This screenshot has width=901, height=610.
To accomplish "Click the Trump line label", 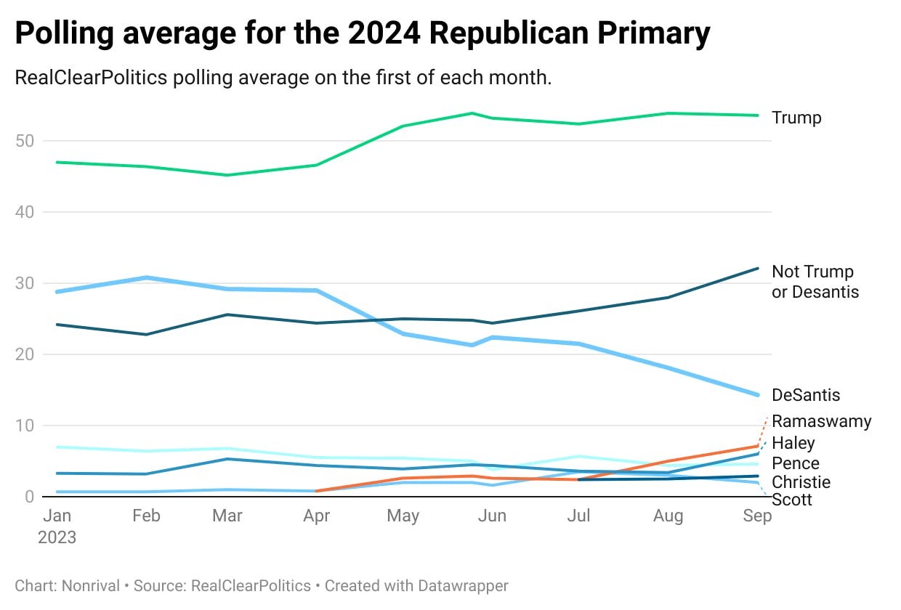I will pyautogui.click(x=796, y=118).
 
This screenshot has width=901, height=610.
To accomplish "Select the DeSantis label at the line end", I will pyautogui.click(x=806, y=395).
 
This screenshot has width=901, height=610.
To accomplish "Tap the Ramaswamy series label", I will pyautogui.click(x=821, y=421).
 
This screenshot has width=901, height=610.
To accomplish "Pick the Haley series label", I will pyautogui.click(x=793, y=443).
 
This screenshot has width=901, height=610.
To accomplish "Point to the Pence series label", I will pyautogui.click(x=795, y=463).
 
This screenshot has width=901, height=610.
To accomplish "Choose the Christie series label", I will pyautogui.click(x=801, y=482).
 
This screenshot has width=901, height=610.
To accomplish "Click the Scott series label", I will pyautogui.click(x=791, y=500).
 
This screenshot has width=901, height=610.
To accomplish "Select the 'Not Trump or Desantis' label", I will pyautogui.click(x=815, y=282).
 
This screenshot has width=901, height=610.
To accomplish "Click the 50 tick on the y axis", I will pyautogui.click(x=25, y=141).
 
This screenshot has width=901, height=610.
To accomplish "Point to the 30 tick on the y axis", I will pyautogui.click(x=25, y=283).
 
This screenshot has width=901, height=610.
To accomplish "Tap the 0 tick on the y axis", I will pyautogui.click(x=29, y=497).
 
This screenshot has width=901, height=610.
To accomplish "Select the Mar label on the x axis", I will pyautogui.click(x=227, y=516).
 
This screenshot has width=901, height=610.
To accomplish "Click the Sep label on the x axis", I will pyautogui.click(x=756, y=516).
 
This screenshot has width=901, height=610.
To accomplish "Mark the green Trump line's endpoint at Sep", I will pyautogui.click(x=757, y=115).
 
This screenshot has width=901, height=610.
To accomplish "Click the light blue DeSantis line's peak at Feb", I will pyautogui.click(x=147, y=277).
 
